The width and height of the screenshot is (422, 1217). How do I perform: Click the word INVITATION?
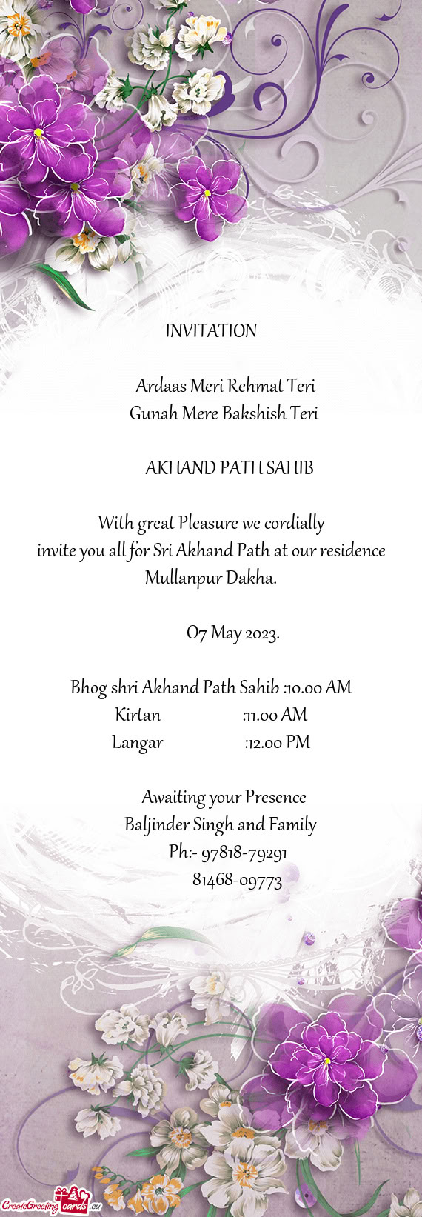click(x=211, y=331)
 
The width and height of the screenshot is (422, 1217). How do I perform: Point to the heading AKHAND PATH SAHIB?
click(x=229, y=468)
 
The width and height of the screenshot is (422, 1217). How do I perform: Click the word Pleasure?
click(x=209, y=524)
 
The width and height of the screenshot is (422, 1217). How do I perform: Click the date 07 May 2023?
click(x=232, y=633)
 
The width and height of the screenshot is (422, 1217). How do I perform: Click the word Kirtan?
click(x=138, y=715)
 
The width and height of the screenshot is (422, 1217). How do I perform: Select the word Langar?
click(x=138, y=742)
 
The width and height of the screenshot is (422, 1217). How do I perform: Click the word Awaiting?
click(x=173, y=798)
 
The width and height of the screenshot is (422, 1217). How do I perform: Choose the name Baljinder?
click(x=156, y=824)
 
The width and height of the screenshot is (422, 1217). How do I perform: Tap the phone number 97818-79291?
click(x=244, y=853)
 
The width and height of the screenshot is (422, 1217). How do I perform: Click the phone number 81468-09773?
click(x=237, y=881)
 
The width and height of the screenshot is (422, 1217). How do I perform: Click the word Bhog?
click(x=88, y=688)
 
